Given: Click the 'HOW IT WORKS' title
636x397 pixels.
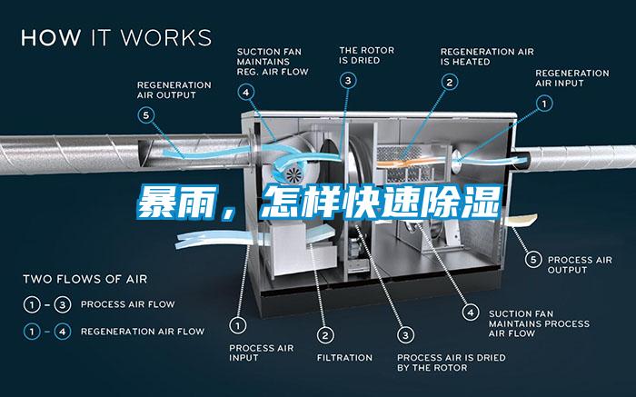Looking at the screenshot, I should point(115,38).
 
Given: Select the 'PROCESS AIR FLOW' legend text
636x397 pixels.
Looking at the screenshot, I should point(127,303).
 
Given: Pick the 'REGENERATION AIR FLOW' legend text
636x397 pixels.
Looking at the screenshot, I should point(143,332).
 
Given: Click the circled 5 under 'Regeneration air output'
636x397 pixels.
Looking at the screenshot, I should point(145,114).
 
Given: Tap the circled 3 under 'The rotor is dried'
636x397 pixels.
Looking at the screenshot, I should point(349,81).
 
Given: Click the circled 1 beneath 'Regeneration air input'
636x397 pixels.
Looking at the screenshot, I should point(544,104).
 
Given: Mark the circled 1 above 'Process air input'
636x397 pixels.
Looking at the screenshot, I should point(239,323).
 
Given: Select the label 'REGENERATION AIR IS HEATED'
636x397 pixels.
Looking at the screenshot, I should point(487,56).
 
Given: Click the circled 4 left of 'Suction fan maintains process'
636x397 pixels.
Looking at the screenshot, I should point(470,312).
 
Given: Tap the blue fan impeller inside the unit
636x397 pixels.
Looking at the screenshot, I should point(293,174).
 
